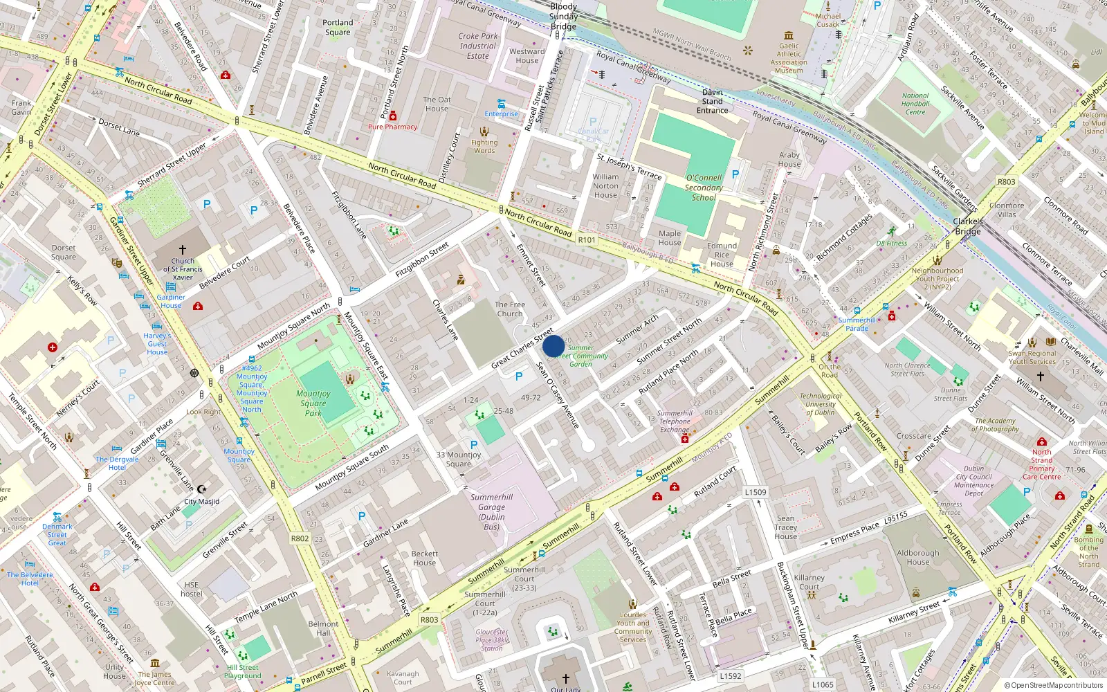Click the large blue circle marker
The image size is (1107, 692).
[553, 346]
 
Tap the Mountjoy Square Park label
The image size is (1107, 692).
[313, 403]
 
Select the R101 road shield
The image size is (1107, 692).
[587, 240]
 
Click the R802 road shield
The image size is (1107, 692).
[300, 538]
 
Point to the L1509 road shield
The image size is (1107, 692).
[756, 492]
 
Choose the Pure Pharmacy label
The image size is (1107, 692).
[392, 127]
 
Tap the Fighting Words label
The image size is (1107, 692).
[484, 146]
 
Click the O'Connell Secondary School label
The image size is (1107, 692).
[704, 188]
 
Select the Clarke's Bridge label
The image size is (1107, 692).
[968, 226]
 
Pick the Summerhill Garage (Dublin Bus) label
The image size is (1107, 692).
[491, 512]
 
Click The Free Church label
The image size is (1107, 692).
[510, 309]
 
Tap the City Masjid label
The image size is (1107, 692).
[201, 502]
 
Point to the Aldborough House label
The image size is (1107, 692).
[918, 557]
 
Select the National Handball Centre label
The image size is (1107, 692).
[915, 104]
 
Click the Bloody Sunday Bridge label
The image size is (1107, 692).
[563, 17]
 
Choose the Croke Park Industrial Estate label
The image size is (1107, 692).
[477, 46]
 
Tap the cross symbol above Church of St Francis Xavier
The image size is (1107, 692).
[183, 249]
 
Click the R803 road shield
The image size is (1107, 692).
[429, 619]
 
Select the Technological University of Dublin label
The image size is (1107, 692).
[821, 404]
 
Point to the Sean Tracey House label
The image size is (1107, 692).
[786, 527]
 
